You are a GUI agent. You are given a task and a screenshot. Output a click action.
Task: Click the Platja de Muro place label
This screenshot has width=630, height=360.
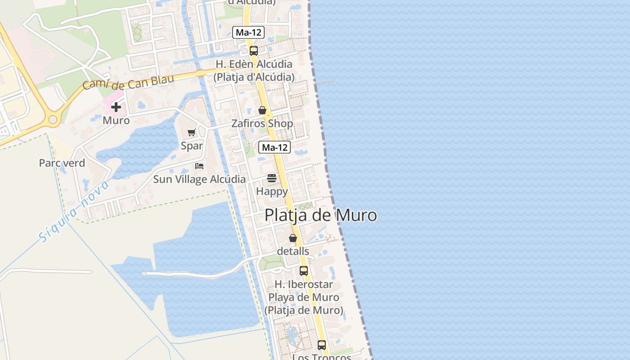click(320, 215)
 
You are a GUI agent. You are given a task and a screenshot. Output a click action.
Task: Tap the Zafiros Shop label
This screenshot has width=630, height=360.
click(262, 123)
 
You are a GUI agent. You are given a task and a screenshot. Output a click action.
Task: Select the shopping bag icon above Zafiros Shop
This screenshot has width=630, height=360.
click(262, 110)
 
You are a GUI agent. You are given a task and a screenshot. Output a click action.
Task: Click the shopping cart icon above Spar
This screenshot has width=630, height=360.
click(192, 132)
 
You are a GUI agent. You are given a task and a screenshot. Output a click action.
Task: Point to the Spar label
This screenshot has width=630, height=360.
click(192, 146)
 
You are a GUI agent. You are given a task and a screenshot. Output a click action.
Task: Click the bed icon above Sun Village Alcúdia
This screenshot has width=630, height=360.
click(199, 166)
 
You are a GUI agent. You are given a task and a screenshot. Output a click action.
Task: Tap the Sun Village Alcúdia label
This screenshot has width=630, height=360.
click(199, 179)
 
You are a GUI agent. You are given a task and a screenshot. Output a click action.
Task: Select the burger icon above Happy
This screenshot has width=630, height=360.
click(272, 178)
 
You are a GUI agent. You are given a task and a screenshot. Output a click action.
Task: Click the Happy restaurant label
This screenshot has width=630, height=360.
click(272, 191)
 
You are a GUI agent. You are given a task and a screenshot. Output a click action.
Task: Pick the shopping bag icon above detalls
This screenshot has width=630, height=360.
click(293, 238)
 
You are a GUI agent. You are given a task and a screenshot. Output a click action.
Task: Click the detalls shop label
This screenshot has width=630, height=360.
click(293, 251)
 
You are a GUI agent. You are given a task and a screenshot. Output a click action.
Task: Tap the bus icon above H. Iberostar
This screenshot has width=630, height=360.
click(304, 271)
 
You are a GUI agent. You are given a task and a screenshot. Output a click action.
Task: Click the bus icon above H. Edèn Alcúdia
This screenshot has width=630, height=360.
click(254, 50)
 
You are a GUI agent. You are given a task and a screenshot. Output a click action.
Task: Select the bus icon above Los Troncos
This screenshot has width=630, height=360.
click(322, 345)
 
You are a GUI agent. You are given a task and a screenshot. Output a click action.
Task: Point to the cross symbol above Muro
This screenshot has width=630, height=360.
click(116, 107)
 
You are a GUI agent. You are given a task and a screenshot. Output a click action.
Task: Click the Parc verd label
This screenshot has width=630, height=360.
click(62, 163)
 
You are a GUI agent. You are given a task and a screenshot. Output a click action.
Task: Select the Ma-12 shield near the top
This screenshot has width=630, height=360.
click(248, 32)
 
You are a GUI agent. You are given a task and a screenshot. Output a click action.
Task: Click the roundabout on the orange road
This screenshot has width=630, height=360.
click(53, 120)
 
